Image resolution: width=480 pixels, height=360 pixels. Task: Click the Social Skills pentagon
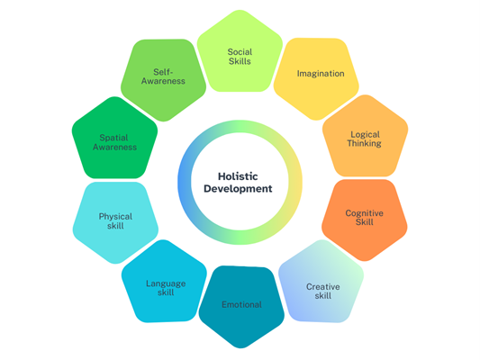coord(240,53)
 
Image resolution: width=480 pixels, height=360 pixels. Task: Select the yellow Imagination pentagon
coord(316,76)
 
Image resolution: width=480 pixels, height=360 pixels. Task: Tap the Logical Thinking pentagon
coord(366,138)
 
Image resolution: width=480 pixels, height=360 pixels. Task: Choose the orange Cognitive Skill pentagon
coord(365,218)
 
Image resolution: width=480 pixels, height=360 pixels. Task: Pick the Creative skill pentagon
coord(322,283)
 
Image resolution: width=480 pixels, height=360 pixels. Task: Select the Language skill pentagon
coord(165,283)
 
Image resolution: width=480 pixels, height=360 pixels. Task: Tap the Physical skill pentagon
coord(115,220)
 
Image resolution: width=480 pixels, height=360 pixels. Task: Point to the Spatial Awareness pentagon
coord(114,139)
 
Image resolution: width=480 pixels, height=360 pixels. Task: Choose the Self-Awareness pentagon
coord(164,78)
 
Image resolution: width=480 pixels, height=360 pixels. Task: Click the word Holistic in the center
coord(238,176)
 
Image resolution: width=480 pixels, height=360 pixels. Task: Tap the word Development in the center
coord(238,189)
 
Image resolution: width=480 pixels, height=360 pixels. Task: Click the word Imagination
coord(321,74)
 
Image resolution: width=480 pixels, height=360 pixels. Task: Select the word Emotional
coord(241,304)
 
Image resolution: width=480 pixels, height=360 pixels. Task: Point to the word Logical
coord(366,135)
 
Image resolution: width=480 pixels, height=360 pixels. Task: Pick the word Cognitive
coord(365,213)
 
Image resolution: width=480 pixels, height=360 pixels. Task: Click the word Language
coord(166,283)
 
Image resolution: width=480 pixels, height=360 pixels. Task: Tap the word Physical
coord(115,217)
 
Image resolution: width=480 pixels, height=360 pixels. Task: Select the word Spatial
coord(113,138)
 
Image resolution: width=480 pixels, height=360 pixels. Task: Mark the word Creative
coord(323,286)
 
